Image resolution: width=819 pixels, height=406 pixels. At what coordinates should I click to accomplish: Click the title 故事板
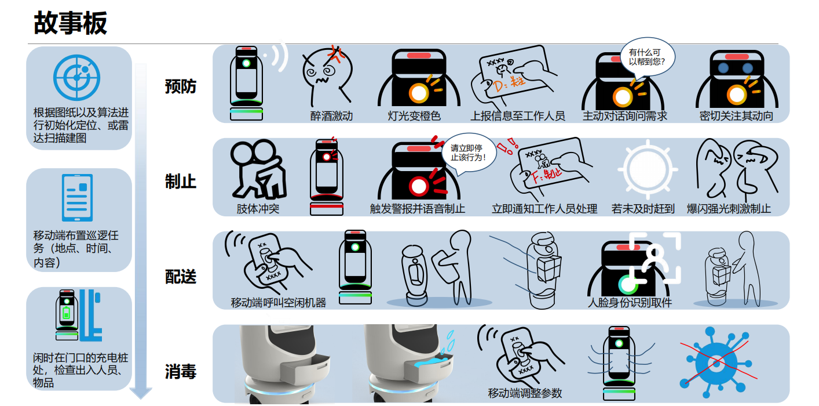(x=70, y=24)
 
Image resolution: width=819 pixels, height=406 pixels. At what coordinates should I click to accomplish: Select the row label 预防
(x=181, y=86)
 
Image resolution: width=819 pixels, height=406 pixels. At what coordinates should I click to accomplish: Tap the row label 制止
(x=181, y=182)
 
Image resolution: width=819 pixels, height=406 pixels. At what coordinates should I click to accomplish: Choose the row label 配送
(x=181, y=277)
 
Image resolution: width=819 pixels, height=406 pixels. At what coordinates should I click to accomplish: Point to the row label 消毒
(x=181, y=371)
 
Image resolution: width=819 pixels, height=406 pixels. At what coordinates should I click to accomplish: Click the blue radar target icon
(x=77, y=77)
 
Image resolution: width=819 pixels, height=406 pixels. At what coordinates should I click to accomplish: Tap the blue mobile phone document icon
(x=77, y=198)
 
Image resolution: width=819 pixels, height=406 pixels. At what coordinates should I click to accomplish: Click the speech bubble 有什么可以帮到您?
(x=647, y=57)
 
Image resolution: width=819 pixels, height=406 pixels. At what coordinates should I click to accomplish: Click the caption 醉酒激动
(x=331, y=116)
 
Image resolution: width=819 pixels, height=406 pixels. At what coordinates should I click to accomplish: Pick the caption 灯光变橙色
(x=414, y=116)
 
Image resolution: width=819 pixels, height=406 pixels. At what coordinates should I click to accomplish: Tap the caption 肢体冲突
(x=258, y=209)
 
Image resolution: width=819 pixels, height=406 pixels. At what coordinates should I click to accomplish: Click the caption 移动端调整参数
(x=525, y=393)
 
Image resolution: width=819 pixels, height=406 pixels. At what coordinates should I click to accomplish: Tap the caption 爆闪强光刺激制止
(x=729, y=209)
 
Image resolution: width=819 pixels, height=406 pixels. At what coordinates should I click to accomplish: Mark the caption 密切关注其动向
(x=736, y=116)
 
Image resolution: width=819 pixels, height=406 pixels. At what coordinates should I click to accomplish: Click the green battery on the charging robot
(x=67, y=314)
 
